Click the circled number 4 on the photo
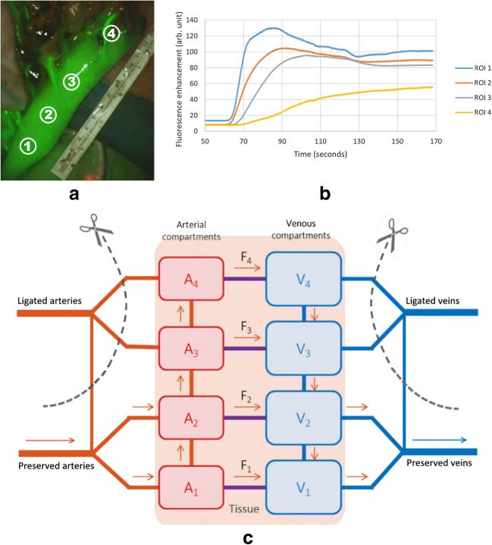tap(111, 33)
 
